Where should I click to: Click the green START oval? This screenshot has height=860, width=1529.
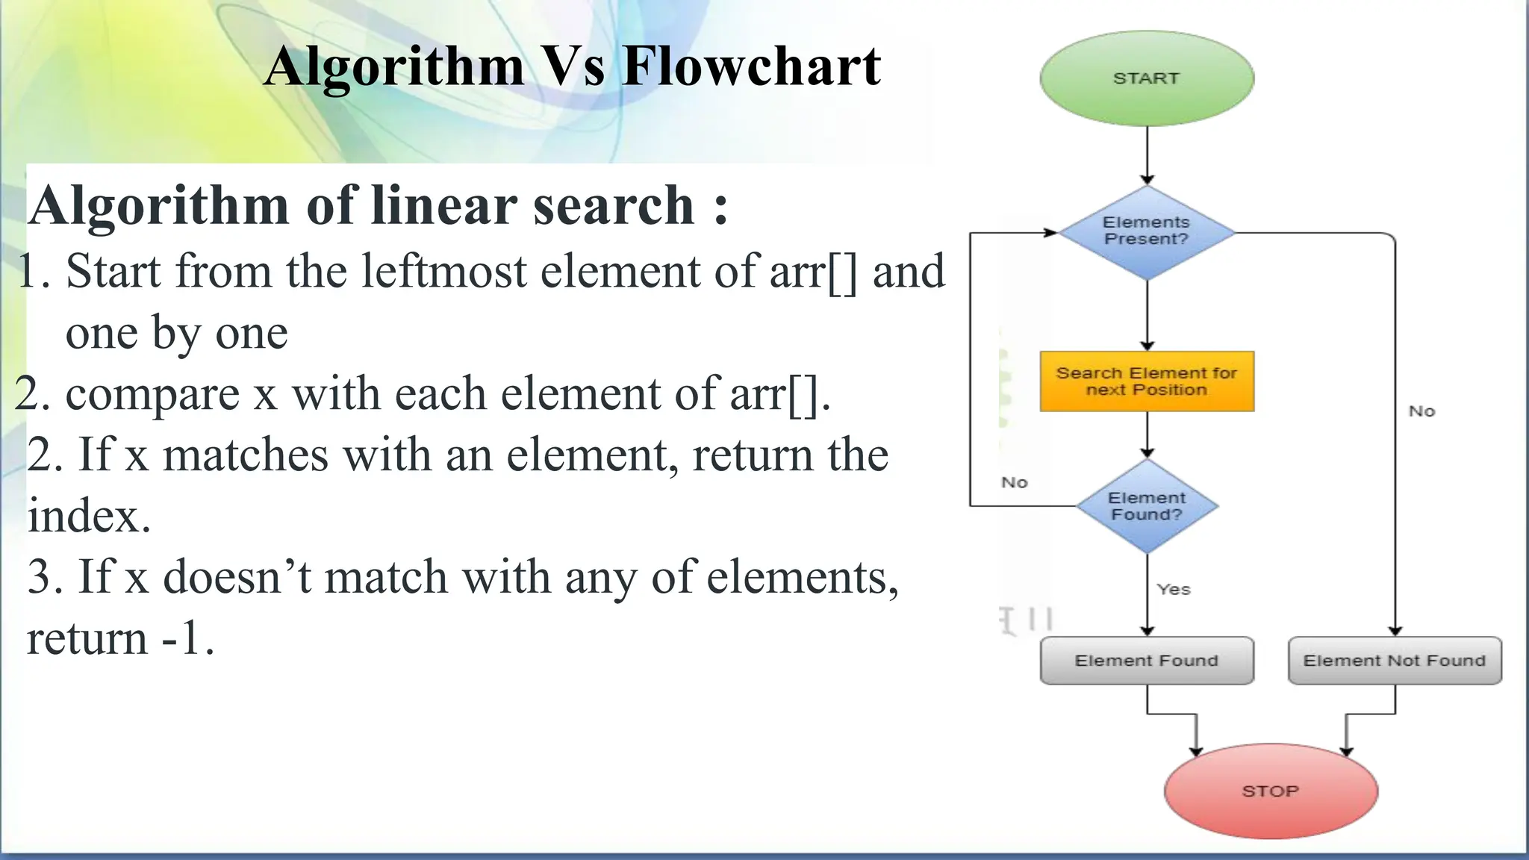[1147, 78]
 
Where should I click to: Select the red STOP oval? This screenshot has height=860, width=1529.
[1271, 791]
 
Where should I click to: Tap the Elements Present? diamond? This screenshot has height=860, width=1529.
[1147, 231]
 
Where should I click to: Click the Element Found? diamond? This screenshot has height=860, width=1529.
[1147, 506]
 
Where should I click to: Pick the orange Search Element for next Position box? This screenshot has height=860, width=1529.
[1147, 381]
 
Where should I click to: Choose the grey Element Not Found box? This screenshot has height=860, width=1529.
[1395, 661]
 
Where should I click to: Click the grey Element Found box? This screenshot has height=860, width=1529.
[1147, 661]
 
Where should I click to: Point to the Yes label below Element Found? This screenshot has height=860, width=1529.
[1174, 590]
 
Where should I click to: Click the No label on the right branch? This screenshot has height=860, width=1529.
[1421, 411]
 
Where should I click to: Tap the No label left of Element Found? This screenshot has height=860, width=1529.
[1015, 483]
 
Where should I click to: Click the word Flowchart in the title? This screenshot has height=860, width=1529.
[751, 67]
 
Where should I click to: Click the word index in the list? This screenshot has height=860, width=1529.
[89, 516]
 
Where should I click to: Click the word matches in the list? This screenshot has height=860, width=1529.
[245, 455]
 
